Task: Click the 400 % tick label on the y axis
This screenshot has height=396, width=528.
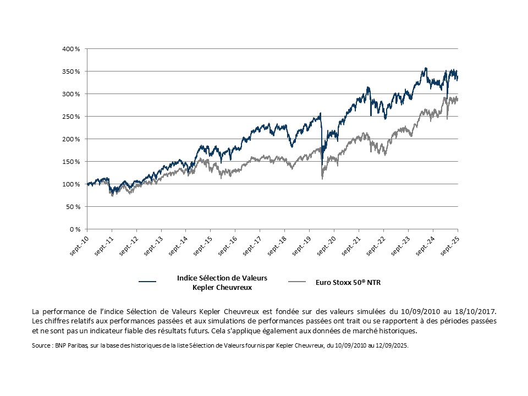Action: [71, 49]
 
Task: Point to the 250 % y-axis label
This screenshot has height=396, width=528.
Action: [71, 117]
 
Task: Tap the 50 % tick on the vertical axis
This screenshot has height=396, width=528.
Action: [73, 207]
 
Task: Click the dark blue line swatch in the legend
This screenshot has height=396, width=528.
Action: [147, 282]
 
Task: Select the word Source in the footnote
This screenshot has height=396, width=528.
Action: [42, 346]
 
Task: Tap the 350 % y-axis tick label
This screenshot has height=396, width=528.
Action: [71, 71]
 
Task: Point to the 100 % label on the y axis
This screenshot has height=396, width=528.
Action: [71, 184]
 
